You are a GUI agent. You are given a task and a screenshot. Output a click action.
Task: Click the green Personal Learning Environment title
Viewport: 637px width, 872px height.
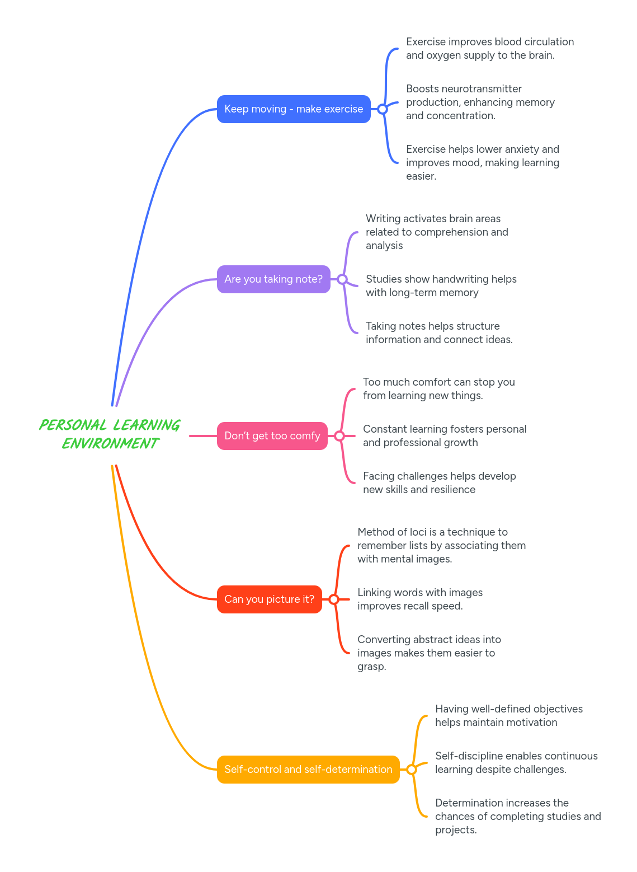[x=110, y=434]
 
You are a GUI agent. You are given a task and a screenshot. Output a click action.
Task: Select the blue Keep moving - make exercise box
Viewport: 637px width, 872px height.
[x=294, y=109]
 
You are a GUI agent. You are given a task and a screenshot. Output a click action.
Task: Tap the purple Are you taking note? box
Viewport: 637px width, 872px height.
[x=273, y=279]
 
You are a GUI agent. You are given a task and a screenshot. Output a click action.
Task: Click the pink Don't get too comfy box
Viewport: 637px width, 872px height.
[x=272, y=436]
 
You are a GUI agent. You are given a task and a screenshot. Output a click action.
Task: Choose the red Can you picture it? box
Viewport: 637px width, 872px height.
[x=269, y=599]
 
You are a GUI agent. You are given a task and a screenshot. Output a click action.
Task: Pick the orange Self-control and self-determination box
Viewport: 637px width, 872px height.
[x=308, y=770]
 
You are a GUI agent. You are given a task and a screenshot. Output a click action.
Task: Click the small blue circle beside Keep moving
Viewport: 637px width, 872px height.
[x=383, y=109]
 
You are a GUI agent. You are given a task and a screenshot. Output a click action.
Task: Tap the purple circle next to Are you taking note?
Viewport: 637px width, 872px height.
[x=342, y=279]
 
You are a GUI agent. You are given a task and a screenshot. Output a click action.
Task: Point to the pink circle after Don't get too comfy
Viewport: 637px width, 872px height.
[x=339, y=436]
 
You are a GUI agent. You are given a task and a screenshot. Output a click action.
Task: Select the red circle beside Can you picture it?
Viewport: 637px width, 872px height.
[x=334, y=599]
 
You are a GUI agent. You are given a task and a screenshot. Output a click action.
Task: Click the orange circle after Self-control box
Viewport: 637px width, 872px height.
[x=412, y=770]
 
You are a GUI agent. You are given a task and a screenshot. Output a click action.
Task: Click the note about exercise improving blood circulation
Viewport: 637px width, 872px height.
[x=489, y=49]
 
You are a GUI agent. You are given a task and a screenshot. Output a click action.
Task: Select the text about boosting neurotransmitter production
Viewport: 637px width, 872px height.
[x=480, y=102]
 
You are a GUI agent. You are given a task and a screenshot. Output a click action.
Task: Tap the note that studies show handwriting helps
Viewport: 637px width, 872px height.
[x=441, y=286]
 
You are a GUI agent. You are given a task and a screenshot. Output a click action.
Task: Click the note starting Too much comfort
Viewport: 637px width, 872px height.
[x=438, y=389]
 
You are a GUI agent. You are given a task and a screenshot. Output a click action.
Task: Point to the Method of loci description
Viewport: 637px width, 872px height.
[x=441, y=546]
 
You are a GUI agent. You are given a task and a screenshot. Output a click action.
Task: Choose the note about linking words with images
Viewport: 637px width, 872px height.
[x=419, y=599]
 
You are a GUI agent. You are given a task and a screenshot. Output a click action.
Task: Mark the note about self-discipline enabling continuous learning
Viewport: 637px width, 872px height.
[x=516, y=763]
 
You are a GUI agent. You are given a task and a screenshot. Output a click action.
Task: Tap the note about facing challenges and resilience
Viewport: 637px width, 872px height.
[x=439, y=483]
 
